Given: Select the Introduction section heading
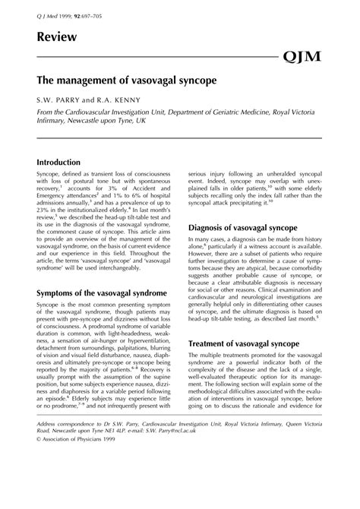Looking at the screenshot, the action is [x=69, y=163].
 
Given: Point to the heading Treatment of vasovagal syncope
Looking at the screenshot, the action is [x=245, y=344].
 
